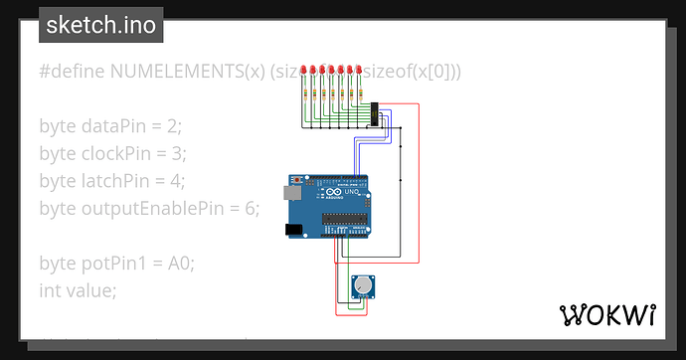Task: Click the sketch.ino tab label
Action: point(101,25)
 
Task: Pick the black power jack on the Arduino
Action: point(294,230)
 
